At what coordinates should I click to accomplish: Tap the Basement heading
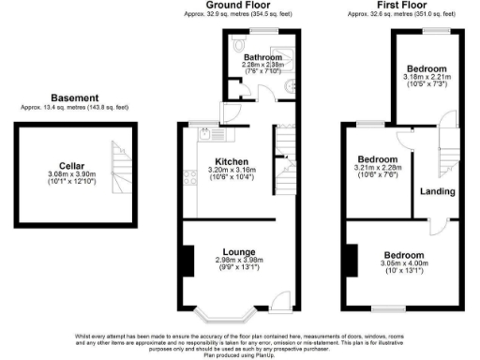pos(74,97)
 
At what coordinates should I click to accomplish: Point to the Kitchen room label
pos(232,160)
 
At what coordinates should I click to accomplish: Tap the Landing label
pos(438,191)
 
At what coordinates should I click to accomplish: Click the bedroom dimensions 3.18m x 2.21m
pos(426,78)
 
